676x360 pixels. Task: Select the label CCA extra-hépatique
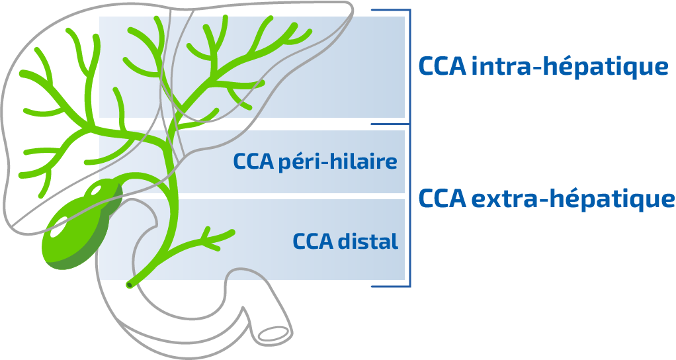click(x=546, y=199)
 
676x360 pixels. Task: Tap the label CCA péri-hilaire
click(x=315, y=161)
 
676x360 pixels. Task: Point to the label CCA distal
click(x=345, y=242)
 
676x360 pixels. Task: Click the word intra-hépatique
click(x=570, y=67)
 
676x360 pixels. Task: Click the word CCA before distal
click(x=312, y=242)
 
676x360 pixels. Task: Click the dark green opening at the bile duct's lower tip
click(x=129, y=285)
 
